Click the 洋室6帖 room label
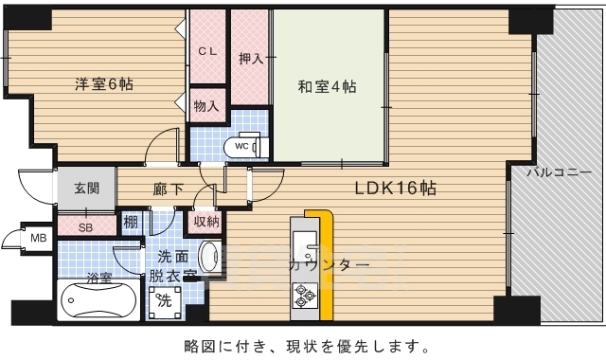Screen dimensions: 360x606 pyautogui.click(x=104, y=84)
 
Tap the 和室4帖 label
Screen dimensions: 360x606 pyautogui.click(x=327, y=88)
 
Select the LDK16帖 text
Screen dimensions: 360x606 pyautogui.click(x=395, y=188)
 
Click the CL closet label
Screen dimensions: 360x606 pyautogui.click(x=207, y=51)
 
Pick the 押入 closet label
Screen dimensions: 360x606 pyautogui.click(x=250, y=58)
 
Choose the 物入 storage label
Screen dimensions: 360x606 pyautogui.click(x=205, y=105)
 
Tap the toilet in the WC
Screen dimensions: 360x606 pyautogui.click(x=249, y=147)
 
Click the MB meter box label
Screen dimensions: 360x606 pyautogui.click(x=38, y=238)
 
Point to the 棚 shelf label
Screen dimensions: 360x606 pyautogui.click(x=130, y=224)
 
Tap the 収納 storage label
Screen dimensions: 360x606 pyautogui.click(x=206, y=223)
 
